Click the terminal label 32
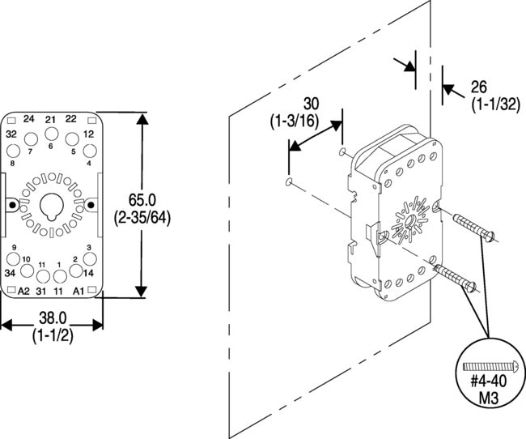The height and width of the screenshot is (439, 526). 11,134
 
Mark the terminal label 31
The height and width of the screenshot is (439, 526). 41,291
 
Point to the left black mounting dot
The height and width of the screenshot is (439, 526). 11,206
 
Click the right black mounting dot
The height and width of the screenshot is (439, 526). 90,206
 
